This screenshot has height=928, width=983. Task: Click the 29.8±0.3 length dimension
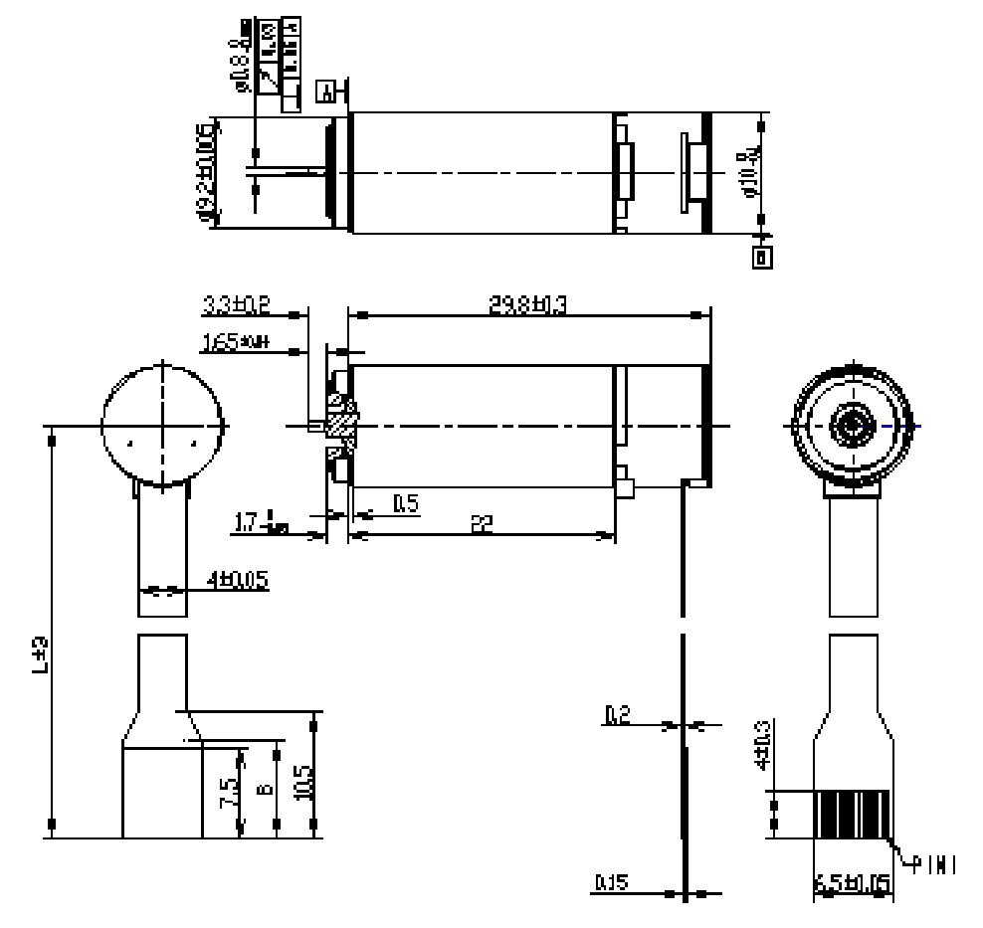click(x=527, y=305)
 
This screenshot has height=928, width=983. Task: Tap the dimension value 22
click(x=482, y=524)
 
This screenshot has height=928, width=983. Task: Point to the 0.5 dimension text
click(x=405, y=503)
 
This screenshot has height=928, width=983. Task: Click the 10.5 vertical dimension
click(x=303, y=783)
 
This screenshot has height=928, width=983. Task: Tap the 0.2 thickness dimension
click(x=616, y=714)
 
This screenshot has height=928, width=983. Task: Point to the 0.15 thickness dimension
click(x=609, y=882)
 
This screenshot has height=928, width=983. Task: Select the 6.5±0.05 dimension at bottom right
click(x=852, y=883)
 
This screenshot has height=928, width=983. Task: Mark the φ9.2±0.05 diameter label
click(x=206, y=174)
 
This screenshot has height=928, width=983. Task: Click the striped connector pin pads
click(x=852, y=817)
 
